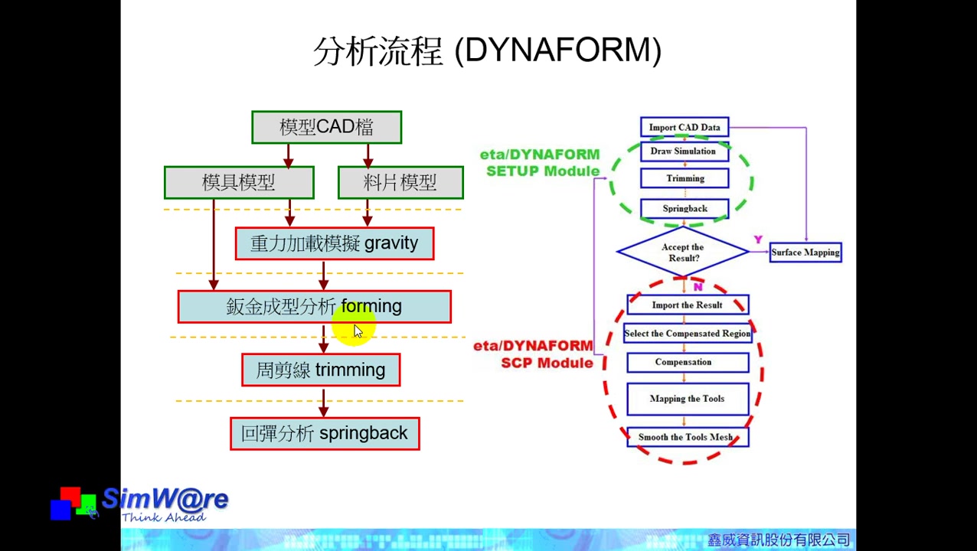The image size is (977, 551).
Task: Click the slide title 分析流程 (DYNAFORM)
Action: pos(488,51)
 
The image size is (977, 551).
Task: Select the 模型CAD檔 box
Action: pos(327,127)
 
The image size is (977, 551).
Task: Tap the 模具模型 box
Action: pos(239,183)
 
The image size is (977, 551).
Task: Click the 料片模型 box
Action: pos(400,183)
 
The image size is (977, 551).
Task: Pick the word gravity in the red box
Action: pos(391,243)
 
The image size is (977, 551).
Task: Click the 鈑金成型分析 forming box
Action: pos(314,307)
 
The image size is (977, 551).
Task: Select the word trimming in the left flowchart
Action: pos(350,370)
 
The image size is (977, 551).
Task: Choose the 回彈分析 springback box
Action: pos(325,434)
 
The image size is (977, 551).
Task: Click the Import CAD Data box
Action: pos(685,127)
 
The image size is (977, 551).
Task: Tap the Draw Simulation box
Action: pos(683,152)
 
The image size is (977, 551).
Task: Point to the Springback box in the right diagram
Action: pos(685,208)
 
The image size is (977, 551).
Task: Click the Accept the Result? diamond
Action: pos(682,253)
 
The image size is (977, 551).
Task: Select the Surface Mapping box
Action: pos(805,253)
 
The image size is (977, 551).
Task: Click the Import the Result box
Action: pos(687,305)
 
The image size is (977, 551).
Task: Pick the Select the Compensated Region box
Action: pos(687,334)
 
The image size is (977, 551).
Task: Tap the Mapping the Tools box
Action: pos(687,399)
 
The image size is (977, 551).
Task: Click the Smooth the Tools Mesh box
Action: pos(687,437)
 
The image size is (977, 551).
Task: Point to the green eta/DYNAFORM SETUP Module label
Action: pos(541,163)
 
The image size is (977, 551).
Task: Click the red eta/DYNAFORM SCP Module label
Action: pos(534,354)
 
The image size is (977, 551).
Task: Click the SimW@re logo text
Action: pos(165,500)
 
